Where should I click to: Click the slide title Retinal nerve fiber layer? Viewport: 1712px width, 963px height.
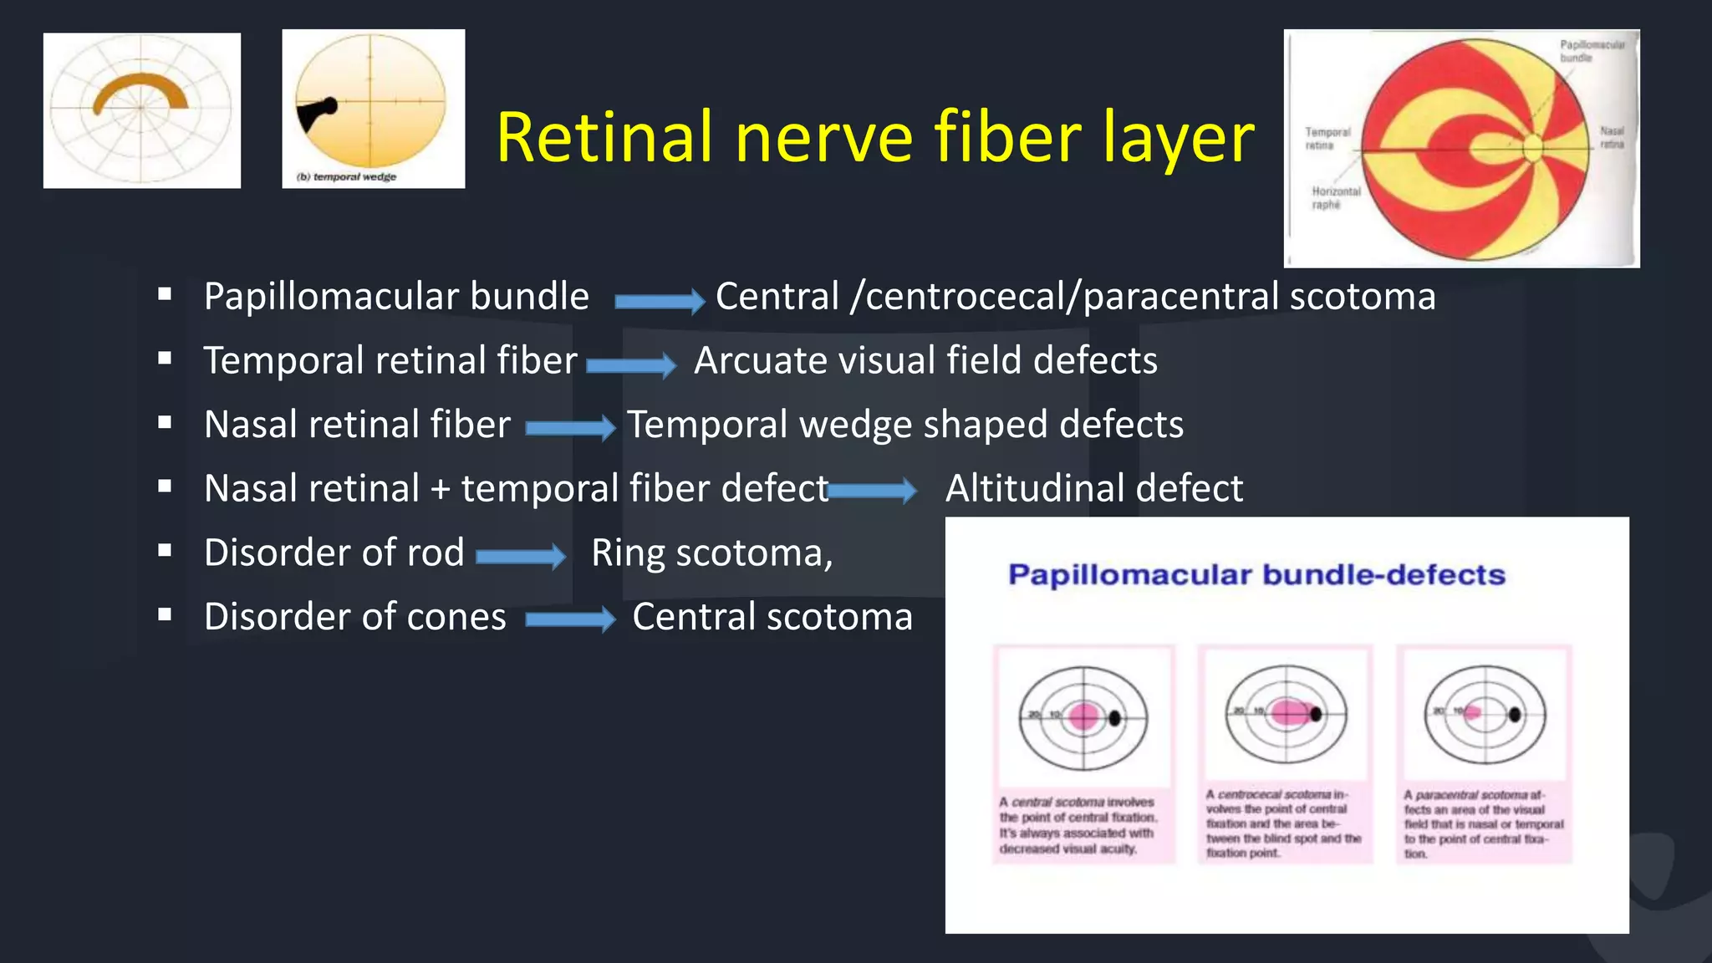coord(874,136)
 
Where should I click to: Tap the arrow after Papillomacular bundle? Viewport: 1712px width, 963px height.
coord(659,300)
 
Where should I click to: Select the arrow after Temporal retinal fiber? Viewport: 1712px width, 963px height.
coord(630,364)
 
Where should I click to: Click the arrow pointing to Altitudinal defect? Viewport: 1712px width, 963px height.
coord(872,490)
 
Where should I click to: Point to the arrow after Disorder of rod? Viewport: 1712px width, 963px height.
coord(520,556)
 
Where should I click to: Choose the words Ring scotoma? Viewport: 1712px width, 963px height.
coord(711,553)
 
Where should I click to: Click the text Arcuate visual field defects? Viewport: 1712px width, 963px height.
coord(925,360)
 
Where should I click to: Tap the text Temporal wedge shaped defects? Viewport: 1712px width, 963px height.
coord(904,425)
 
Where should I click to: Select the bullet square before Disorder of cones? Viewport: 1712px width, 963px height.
coord(165,614)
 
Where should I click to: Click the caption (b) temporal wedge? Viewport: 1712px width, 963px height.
coord(346,176)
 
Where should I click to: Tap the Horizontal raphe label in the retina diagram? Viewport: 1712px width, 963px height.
coord(1335,198)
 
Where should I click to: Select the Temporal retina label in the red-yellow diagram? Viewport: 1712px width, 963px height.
coord(1327,139)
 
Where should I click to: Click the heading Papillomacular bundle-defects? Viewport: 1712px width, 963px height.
coord(1256,575)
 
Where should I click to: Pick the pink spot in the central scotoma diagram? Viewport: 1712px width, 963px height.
coord(1083,716)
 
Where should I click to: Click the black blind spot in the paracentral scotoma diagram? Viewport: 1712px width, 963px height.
coord(1514,714)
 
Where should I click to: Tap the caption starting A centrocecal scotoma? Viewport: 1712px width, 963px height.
coord(1283,823)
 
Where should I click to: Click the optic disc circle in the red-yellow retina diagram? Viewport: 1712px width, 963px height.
coord(1532,148)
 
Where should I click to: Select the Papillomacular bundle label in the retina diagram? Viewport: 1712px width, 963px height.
coord(1591,51)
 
